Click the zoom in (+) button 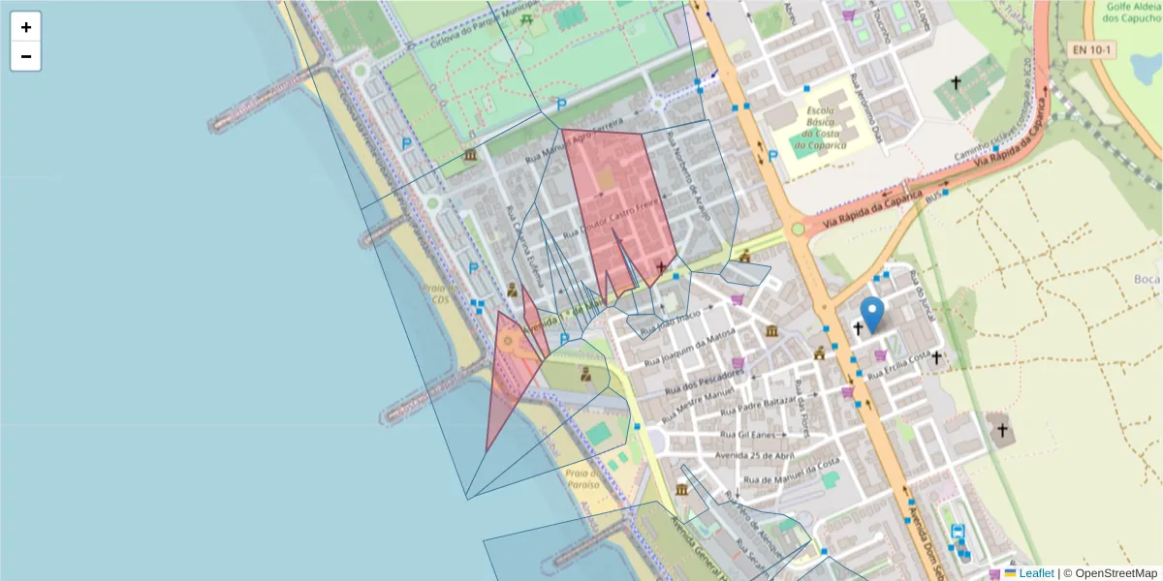point(25,27)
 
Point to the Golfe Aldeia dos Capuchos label point(1133,12)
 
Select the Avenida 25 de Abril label point(755,454)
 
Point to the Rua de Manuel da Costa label point(790,472)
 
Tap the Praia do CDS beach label point(436,292)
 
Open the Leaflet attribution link point(1037,573)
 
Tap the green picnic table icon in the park point(525,18)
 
